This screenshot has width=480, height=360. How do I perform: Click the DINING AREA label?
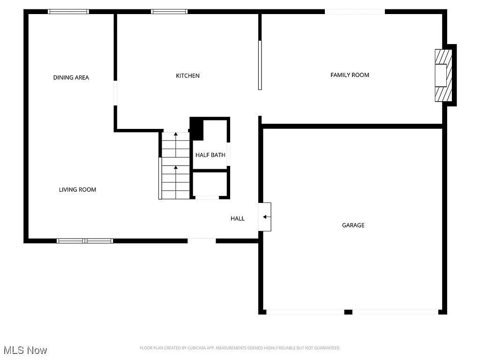pyautogui.click(x=71, y=77)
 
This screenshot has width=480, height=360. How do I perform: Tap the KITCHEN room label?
pyautogui.click(x=187, y=75)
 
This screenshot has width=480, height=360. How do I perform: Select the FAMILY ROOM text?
pyautogui.click(x=350, y=75)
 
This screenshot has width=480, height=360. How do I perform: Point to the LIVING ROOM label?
pyautogui.click(x=77, y=189)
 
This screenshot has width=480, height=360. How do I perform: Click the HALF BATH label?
pyautogui.click(x=210, y=155)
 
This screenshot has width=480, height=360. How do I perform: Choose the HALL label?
pyautogui.click(x=237, y=218)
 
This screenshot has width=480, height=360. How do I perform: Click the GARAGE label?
pyautogui.click(x=353, y=225)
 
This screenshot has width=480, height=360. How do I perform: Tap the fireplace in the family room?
pyautogui.click(x=443, y=75)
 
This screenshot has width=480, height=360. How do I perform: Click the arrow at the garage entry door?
pyautogui.click(x=266, y=217)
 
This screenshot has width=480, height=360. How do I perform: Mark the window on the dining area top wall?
pyautogui.click(x=68, y=12)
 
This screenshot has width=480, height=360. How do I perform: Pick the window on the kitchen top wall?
pyautogui.click(x=169, y=12)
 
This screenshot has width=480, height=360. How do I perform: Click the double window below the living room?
pyautogui.click(x=85, y=241)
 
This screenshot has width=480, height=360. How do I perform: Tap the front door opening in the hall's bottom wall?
pyautogui.click(x=202, y=241)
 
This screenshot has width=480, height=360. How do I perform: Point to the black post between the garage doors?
pyautogui.click(x=348, y=312)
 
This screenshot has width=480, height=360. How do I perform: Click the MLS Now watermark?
pyautogui.click(x=25, y=350)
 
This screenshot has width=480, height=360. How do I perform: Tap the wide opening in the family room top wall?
pyautogui.click(x=355, y=12)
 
